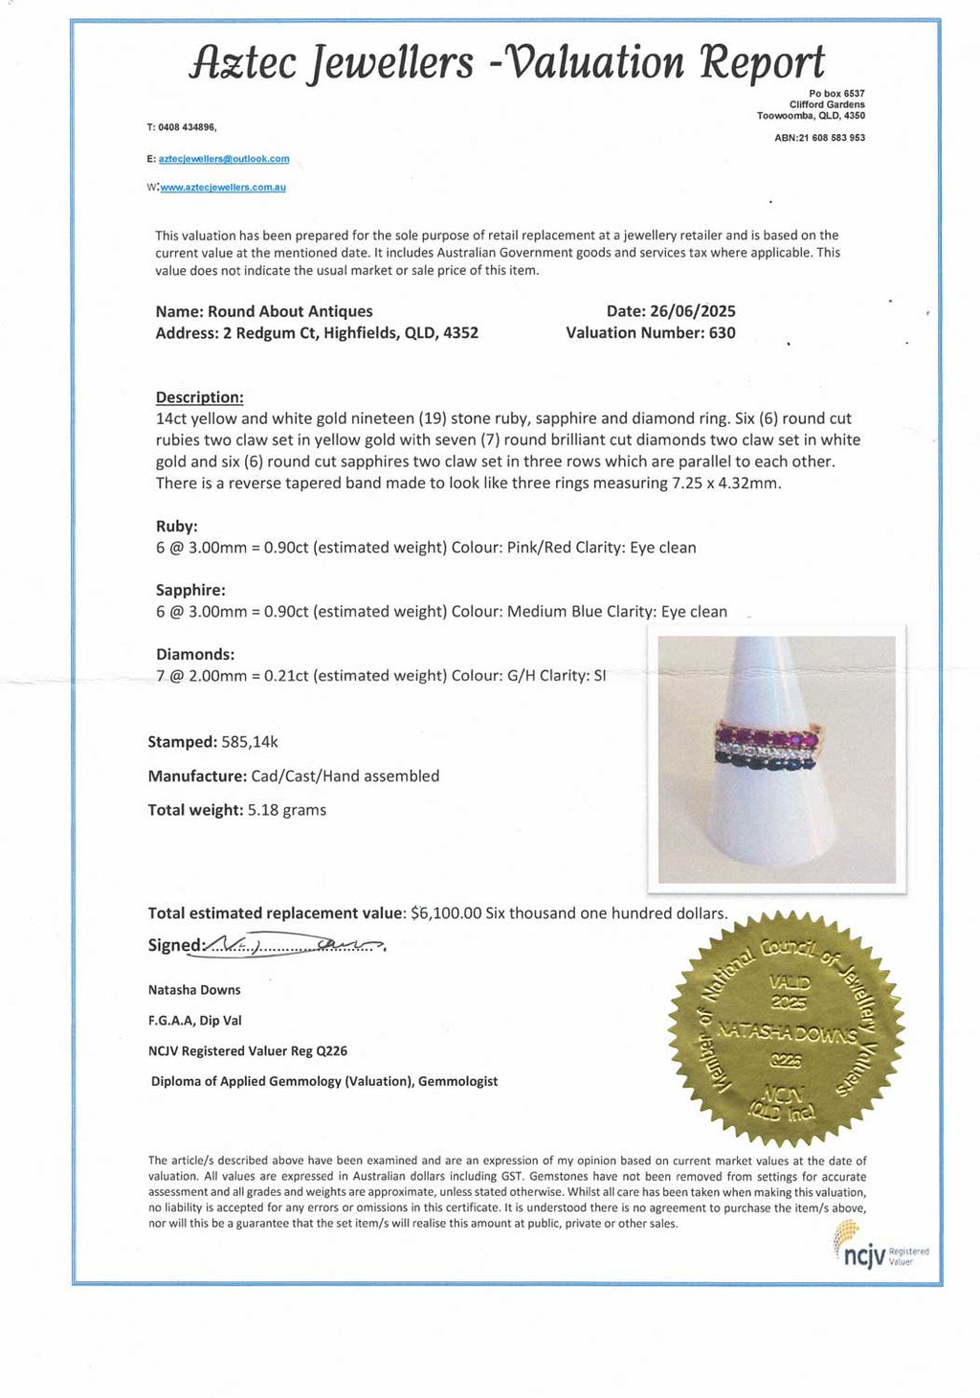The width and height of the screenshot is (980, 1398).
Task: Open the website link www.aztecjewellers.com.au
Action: coord(223,188)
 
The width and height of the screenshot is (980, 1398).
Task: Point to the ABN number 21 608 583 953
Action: coord(832,138)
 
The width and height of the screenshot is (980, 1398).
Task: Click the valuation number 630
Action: coord(722,333)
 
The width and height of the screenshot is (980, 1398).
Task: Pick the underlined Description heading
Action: coord(199,397)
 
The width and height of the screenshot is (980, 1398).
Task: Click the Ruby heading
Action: coord(176,526)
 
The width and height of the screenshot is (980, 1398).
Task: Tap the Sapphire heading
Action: coord(190,590)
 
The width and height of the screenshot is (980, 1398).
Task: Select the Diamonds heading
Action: coord(194,654)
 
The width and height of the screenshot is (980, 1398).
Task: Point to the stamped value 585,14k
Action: coord(249,742)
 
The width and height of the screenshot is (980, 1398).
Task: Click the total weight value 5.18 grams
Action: coord(286,810)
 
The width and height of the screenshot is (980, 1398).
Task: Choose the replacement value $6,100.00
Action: coord(445,913)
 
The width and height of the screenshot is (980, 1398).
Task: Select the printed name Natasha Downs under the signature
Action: coord(194,990)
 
